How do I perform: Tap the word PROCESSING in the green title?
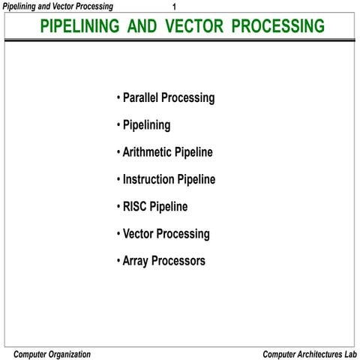[277, 27]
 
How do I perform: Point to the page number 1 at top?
[174, 7]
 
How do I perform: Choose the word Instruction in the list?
[148, 180]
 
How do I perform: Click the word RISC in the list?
[134, 207]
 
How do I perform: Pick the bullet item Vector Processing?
[166, 234]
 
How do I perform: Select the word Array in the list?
[136, 262]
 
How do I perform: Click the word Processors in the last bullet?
[179, 262]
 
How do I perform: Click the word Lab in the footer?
[349, 353]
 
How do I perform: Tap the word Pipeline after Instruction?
[196, 180]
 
